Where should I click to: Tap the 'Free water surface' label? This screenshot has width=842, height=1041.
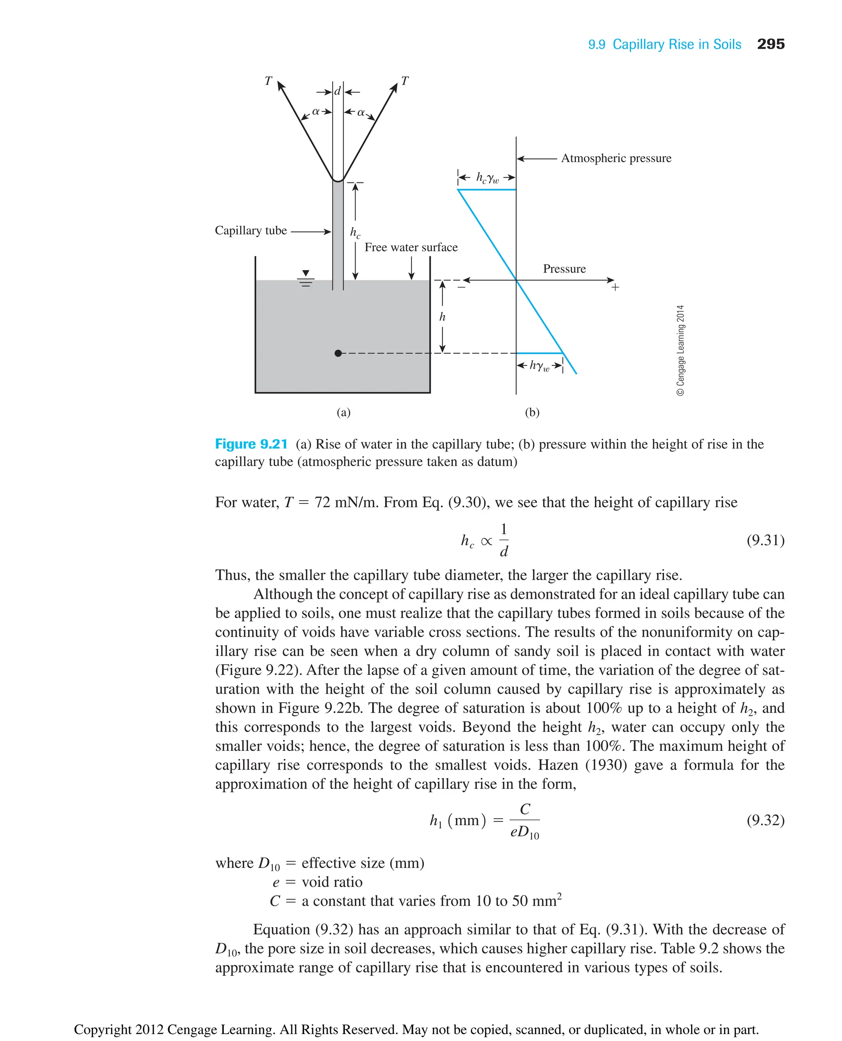(x=411, y=247)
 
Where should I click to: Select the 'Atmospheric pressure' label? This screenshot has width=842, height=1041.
(x=616, y=158)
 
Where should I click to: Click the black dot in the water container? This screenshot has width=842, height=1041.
(x=338, y=353)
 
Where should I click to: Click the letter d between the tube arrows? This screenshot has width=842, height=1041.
(x=338, y=91)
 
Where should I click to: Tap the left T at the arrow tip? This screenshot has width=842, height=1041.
(x=268, y=81)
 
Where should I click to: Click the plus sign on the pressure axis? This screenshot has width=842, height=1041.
(x=615, y=288)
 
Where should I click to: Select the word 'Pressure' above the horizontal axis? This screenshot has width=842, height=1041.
(x=564, y=269)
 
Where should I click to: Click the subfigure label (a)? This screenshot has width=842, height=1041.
(x=343, y=412)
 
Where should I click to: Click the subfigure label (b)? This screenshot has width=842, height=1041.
(x=532, y=412)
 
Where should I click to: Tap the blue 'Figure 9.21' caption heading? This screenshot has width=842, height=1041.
(x=251, y=444)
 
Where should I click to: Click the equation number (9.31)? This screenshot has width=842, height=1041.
(x=765, y=540)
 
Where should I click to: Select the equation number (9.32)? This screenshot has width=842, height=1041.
(x=765, y=820)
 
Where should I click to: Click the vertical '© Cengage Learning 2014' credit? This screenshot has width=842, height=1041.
(x=680, y=350)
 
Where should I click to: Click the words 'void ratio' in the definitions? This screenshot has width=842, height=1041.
(x=332, y=882)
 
